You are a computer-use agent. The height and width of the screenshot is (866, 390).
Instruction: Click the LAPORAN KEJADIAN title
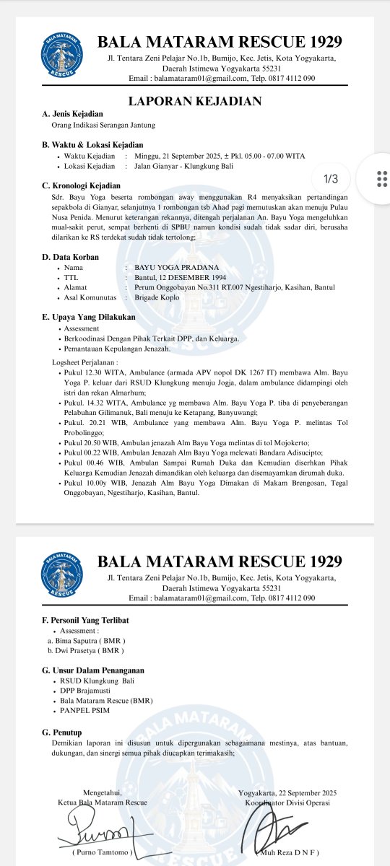(x=194, y=101)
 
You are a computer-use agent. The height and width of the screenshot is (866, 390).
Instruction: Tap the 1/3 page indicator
(x=336, y=178)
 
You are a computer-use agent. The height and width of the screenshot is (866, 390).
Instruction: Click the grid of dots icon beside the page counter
(x=382, y=178)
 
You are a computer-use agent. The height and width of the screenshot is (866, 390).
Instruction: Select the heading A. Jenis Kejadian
(x=72, y=114)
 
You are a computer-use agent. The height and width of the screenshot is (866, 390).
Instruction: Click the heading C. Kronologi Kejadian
(x=83, y=185)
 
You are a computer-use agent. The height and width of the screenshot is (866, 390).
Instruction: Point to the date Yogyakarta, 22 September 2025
(x=287, y=792)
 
